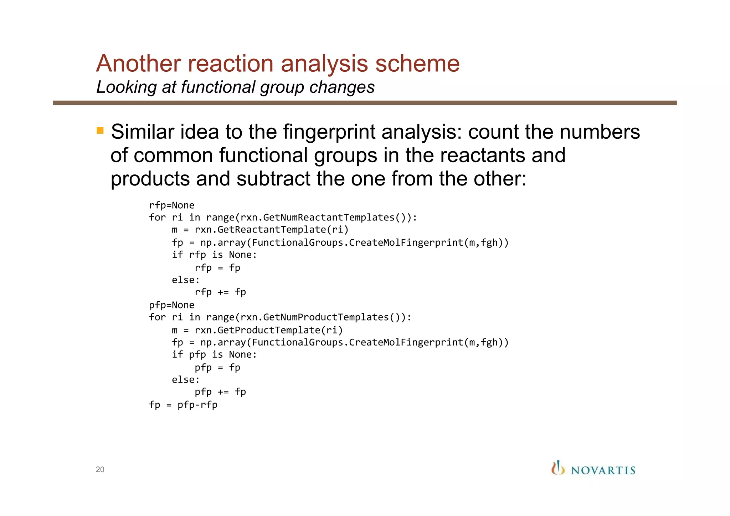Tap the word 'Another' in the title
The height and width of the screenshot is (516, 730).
138,64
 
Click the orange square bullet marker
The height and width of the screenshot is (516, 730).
100,131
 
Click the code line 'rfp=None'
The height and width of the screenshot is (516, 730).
171,205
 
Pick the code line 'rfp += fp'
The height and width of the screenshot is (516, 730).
220,292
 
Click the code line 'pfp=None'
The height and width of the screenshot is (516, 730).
171,305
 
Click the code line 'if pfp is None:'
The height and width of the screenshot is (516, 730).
214,355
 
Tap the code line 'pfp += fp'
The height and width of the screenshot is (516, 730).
220,392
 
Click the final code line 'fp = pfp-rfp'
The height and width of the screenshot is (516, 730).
183,405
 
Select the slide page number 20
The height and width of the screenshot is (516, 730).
100,470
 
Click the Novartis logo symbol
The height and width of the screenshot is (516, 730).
557,468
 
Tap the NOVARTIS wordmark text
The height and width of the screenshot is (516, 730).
603,471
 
